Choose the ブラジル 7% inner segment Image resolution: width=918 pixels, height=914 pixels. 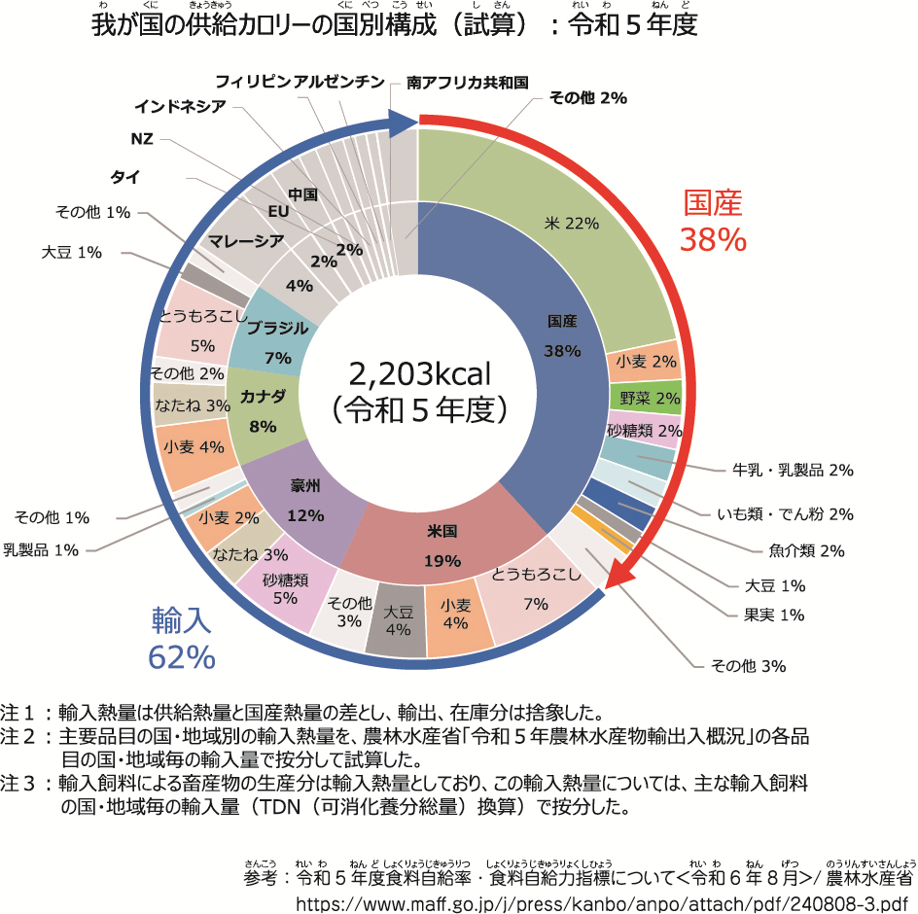[x=277, y=340]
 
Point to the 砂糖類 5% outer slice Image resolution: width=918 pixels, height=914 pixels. [x=285, y=589]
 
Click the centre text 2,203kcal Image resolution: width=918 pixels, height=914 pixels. [x=419, y=373]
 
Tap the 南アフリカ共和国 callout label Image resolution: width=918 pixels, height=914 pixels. [x=468, y=83]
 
